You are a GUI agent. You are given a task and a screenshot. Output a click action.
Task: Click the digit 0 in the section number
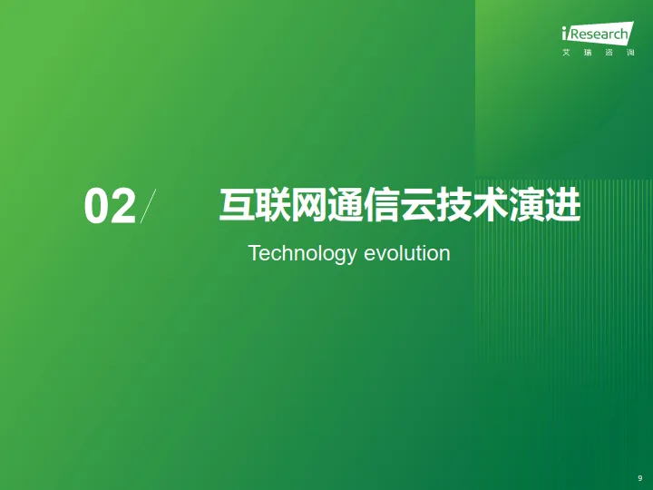pos(97,207)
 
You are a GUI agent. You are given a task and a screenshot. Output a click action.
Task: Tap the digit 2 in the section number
pos(122,207)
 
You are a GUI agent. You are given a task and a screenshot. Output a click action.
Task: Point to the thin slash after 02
pos(148,206)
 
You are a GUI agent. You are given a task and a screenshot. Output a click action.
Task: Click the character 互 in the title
pos(236,205)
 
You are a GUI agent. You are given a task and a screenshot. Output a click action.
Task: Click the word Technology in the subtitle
pos(302,253)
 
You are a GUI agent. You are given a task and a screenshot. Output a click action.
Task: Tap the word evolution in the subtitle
pos(407,253)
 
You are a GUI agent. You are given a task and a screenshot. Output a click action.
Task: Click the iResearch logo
pos(595,34)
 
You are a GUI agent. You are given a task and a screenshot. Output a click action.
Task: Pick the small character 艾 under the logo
pos(566,54)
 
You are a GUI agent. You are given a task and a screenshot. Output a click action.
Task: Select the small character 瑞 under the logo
pos(588,54)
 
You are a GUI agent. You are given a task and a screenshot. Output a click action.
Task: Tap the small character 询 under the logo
pos(629,54)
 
